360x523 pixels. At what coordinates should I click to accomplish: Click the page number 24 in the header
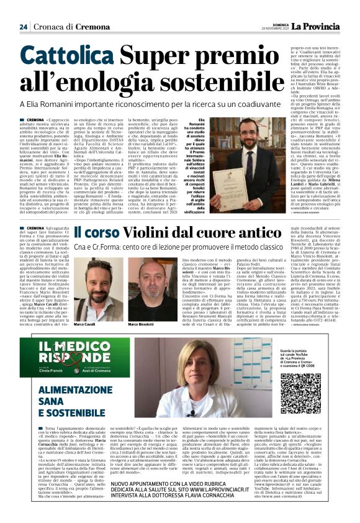click(x=24, y=26)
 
